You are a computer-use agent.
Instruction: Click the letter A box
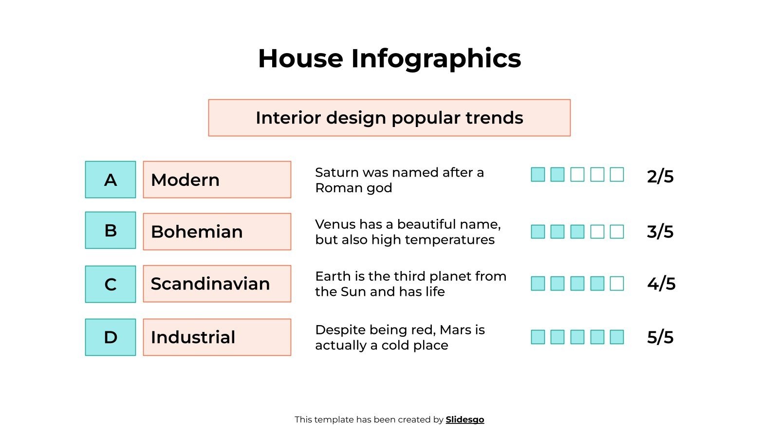(x=111, y=180)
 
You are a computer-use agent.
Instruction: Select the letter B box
(x=111, y=230)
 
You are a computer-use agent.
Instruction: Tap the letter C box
(x=111, y=284)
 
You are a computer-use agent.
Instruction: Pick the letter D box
(x=111, y=337)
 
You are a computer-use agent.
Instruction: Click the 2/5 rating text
(x=660, y=176)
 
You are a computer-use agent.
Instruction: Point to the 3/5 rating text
(x=660, y=232)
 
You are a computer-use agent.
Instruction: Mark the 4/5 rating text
(x=661, y=284)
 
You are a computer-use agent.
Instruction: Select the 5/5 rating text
(x=660, y=337)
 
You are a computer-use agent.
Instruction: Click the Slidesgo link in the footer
(x=465, y=420)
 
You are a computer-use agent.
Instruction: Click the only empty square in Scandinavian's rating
(x=617, y=283)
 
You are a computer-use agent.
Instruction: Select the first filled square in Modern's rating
(x=538, y=174)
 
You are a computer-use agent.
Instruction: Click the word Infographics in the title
(x=436, y=58)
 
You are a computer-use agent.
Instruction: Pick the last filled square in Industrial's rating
(x=617, y=337)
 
